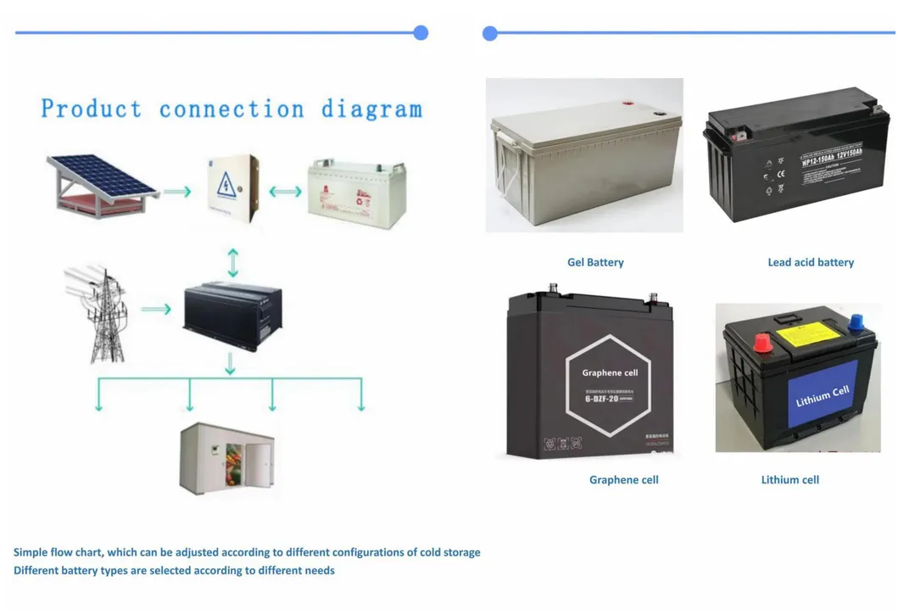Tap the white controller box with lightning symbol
[231, 188]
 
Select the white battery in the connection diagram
[356, 193]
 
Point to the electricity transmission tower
[101, 313]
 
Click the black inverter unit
[232, 315]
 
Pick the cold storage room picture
[226, 458]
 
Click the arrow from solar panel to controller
[176, 193]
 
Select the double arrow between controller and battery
[285, 192]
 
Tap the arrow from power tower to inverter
[156, 310]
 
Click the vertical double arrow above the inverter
[233, 262]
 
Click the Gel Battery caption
[595, 263]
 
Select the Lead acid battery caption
[811, 263]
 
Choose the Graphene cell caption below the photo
[623, 480]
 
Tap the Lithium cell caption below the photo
[789, 480]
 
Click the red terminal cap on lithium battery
[761, 342]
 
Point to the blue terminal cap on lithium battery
[856, 323]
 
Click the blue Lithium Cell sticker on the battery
[823, 394]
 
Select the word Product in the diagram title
[92, 109]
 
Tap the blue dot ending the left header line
[421, 33]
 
